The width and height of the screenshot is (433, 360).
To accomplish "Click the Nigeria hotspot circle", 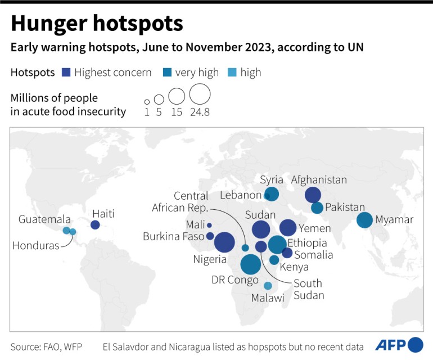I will (x=224, y=242).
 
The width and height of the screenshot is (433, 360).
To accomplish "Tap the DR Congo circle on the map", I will (x=250, y=264).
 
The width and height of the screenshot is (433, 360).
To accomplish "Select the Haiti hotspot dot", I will (x=95, y=225).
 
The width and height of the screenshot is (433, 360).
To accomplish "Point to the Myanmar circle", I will (x=364, y=220).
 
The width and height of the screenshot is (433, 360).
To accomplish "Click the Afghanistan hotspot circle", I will (x=313, y=195).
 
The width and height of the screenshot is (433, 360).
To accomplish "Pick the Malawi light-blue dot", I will (x=268, y=285).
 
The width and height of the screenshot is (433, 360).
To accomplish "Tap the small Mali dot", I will (x=209, y=226).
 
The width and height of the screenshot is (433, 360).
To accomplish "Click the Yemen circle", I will (x=288, y=227).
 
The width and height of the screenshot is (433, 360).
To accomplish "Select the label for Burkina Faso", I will (x=173, y=236).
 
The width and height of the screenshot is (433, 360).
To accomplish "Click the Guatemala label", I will (x=44, y=219).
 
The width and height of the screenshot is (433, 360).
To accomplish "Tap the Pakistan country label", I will (x=345, y=208).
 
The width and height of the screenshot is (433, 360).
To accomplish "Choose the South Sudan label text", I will (x=308, y=289).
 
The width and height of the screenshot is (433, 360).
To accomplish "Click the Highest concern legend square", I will (x=65, y=73).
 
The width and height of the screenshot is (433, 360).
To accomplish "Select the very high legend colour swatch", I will (x=166, y=73).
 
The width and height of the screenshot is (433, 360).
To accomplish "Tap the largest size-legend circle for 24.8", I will (x=200, y=93).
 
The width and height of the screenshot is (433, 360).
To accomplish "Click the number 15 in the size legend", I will (x=177, y=112).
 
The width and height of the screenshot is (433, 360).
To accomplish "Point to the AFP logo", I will (x=407, y=344).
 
